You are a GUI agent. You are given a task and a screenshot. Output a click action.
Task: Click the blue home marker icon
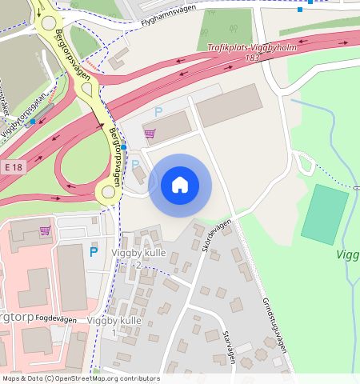point(180,185)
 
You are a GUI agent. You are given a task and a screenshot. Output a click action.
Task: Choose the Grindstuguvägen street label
point(274,325)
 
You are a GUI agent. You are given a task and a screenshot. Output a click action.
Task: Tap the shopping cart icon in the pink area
point(45,230)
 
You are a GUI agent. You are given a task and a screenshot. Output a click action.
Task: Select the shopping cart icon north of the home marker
point(150,133)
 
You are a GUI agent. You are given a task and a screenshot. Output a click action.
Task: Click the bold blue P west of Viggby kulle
point(93,252)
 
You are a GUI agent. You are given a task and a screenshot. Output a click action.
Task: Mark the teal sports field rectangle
point(325,214)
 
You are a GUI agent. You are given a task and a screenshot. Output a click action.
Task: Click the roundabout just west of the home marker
point(108,191)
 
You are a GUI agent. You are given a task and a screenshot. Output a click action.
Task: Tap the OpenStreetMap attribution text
point(80,378)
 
